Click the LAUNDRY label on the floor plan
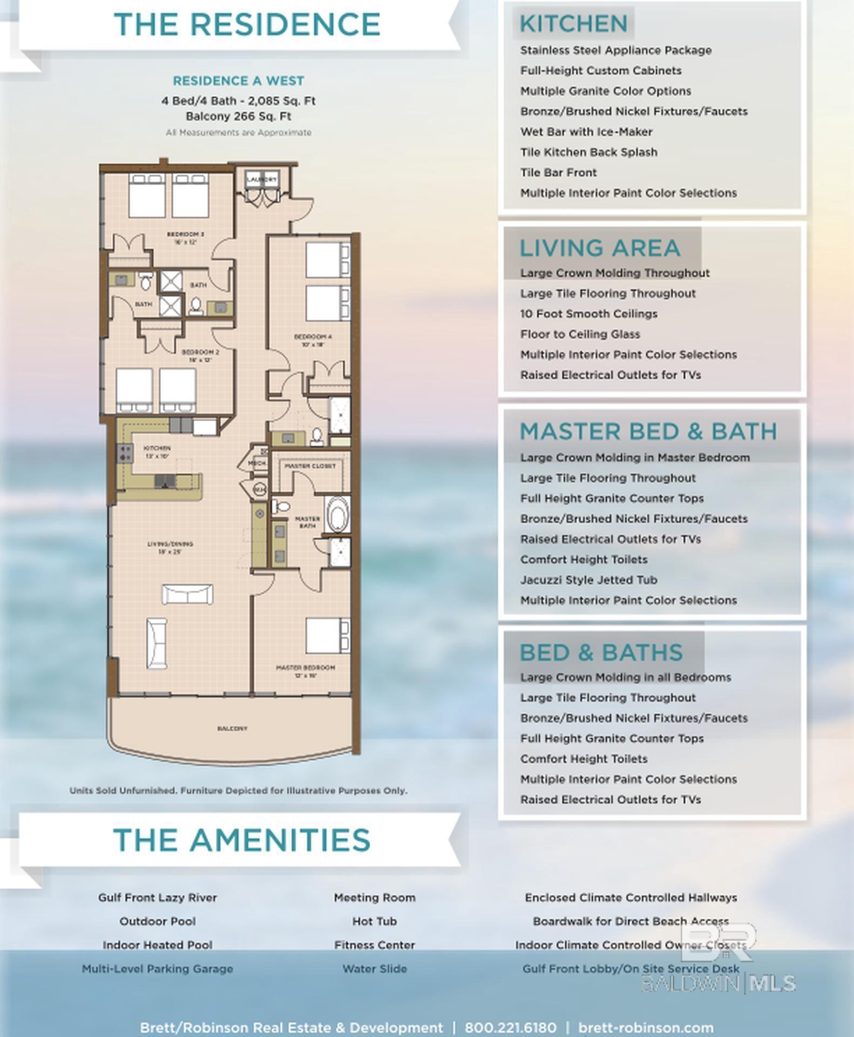(x=262, y=179)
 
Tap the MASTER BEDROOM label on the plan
(x=306, y=668)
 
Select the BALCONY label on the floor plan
(x=232, y=729)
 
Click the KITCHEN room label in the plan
(x=157, y=448)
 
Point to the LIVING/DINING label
(x=170, y=544)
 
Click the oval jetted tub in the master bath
(x=338, y=515)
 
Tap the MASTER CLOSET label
(x=310, y=466)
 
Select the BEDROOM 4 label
(x=313, y=337)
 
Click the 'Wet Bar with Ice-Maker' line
(x=586, y=132)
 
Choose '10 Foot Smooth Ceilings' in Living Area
(x=588, y=314)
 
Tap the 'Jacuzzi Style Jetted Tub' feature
(x=588, y=580)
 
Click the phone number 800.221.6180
(x=510, y=1027)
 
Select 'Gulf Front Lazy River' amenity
(x=157, y=898)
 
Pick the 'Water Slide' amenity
(x=374, y=969)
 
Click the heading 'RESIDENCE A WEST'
(x=238, y=81)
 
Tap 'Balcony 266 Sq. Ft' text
(x=238, y=117)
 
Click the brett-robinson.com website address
(x=646, y=1027)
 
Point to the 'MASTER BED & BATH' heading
(x=648, y=432)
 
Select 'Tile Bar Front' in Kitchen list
(x=558, y=173)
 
